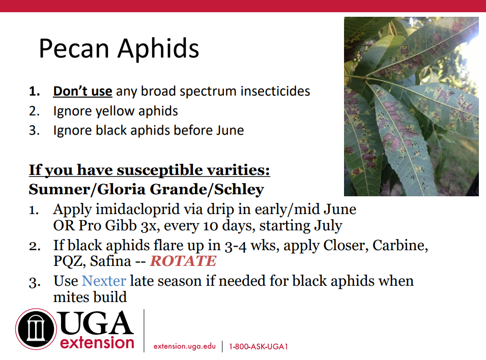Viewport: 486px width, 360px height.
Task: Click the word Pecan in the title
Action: [74, 48]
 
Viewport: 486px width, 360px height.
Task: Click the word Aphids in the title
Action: [158, 48]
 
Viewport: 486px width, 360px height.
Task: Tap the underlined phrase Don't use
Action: [82, 91]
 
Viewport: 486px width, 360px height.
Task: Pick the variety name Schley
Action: [239, 189]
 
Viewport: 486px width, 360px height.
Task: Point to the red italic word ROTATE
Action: [183, 261]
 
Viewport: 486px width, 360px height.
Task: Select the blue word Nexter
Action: [104, 281]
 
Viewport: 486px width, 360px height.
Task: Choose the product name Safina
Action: [110, 261]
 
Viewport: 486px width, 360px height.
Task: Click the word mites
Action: [71, 297]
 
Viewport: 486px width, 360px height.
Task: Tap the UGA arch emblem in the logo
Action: [36, 329]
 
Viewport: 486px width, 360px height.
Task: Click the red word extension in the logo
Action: [97, 343]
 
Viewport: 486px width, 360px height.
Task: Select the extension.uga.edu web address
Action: [184, 346]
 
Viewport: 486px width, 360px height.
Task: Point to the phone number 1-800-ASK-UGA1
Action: [259, 346]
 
